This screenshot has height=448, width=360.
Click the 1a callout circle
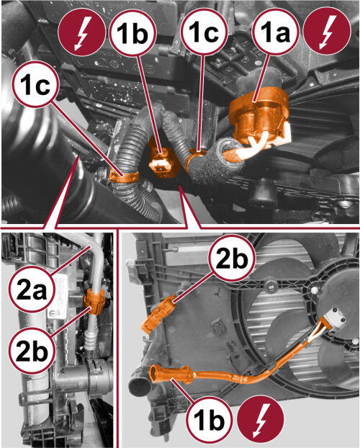276,31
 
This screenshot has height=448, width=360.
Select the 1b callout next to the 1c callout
132,31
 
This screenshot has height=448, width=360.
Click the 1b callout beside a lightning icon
210,419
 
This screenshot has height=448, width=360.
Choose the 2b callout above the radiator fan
231,259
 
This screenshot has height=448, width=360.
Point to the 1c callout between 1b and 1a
204,31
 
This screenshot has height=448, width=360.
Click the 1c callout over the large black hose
36,84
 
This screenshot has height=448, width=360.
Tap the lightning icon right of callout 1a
327,31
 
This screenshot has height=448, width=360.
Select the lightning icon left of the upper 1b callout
81,31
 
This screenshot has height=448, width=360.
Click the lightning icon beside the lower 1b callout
261,419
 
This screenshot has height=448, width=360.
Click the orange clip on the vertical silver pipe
94,302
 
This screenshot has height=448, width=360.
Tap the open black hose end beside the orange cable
140,385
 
